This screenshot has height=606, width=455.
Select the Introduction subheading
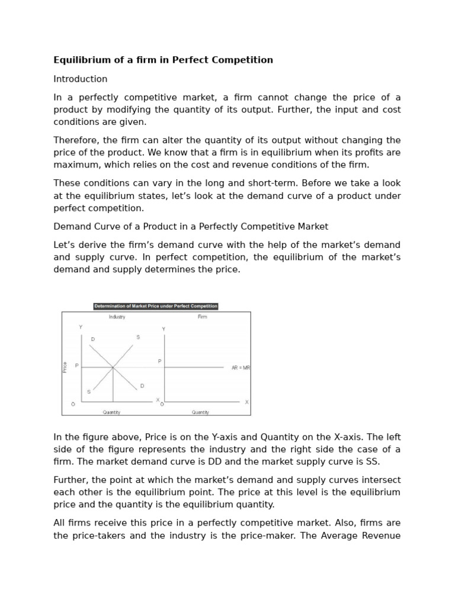[x=81, y=79]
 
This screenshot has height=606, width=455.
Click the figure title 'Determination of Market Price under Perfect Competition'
[x=156, y=306]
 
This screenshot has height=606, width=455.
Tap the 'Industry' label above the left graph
[x=117, y=317]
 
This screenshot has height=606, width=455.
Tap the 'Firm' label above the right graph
[x=202, y=317]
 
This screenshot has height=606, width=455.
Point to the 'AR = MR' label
[x=241, y=368]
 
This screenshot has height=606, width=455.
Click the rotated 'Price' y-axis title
[x=65, y=367]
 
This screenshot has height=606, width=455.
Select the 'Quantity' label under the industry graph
[x=111, y=412]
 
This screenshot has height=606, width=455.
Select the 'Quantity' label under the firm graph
[x=200, y=412]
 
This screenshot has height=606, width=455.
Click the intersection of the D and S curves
[x=113, y=368]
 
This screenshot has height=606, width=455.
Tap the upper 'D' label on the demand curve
[x=92, y=339]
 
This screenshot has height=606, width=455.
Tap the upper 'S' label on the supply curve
[x=138, y=337]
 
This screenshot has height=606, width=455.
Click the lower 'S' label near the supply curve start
[x=89, y=392]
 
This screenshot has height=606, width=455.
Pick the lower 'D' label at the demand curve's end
[x=142, y=386]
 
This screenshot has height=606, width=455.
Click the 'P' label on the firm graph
[x=159, y=360]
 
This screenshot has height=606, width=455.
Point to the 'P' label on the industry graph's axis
[x=76, y=366]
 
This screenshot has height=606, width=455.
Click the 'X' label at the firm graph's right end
[x=247, y=402]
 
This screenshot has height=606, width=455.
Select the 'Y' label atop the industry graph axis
[x=81, y=327]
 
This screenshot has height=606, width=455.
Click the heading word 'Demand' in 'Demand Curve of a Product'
[x=71, y=226]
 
